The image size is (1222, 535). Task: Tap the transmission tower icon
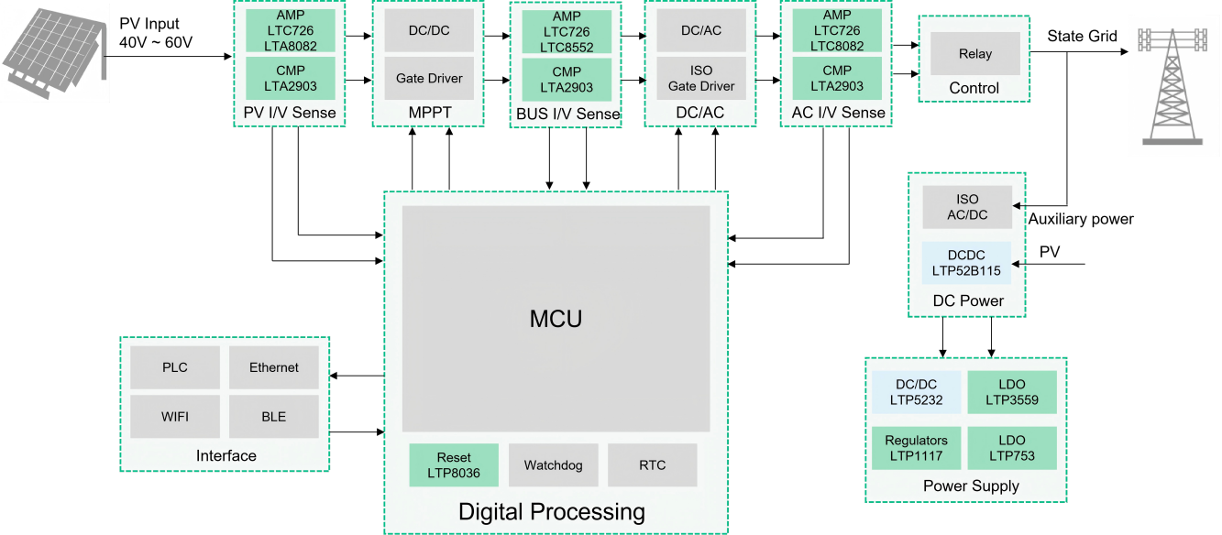click(x=1172, y=86)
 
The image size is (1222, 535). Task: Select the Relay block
click(x=974, y=53)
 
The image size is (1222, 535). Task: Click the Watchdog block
click(x=553, y=465)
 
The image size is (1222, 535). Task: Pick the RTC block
click(x=653, y=465)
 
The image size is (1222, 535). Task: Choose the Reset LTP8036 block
click(x=454, y=465)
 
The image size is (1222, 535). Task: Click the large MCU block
click(x=556, y=319)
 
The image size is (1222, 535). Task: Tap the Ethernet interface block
click(x=274, y=367)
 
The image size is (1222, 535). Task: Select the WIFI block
click(x=175, y=417)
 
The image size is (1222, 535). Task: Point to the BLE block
click(x=274, y=417)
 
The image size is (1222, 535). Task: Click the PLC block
click(x=175, y=367)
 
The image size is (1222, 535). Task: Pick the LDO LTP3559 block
click(x=1012, y=392)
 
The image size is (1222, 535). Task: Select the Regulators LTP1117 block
click(x=917, y=448)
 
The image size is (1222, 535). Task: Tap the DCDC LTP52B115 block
click(x=966, y=263)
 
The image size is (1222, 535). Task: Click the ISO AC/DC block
click(x=967, y=207)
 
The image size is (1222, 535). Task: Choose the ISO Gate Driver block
click(x=701, y=79)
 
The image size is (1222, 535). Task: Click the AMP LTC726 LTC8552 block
click(x=567, y=32)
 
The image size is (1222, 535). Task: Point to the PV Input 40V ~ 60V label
click(x=156, y=33)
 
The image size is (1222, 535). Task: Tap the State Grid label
click(x=1083, y=36)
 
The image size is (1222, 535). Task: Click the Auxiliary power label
click(x=1081, y=219)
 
